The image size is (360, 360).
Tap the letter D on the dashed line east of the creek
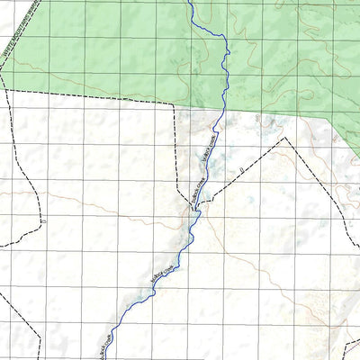(242, 168)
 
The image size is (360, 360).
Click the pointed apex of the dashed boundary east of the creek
(285, 138)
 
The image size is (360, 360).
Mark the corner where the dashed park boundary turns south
(173, 103)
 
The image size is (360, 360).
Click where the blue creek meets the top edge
(191, 2)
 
